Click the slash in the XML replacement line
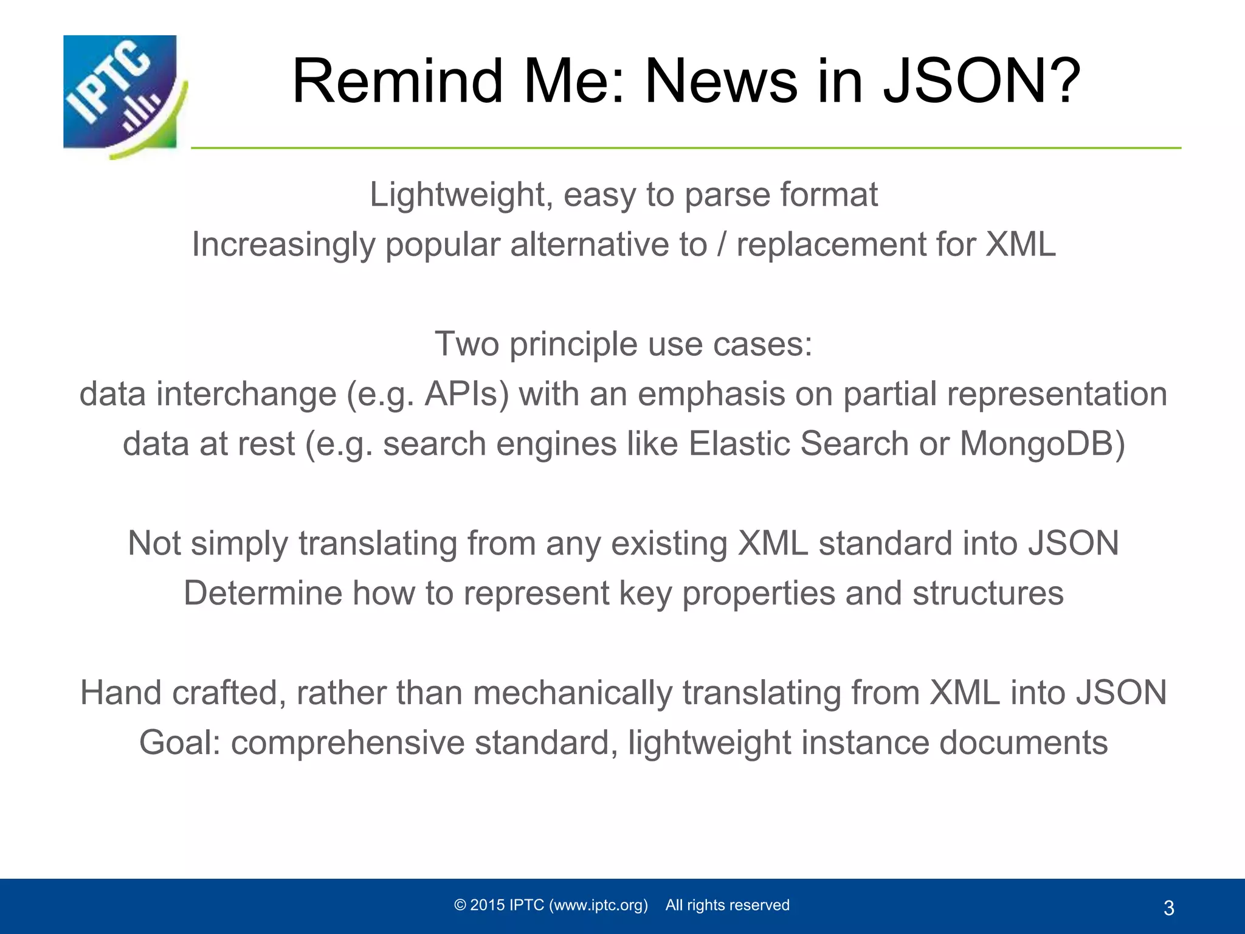(722, 245)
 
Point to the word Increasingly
(283, 245)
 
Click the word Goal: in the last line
(180, 742)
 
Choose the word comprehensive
(347, 742)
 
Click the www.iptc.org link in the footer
(598, 905)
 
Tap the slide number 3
(1168, 908)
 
